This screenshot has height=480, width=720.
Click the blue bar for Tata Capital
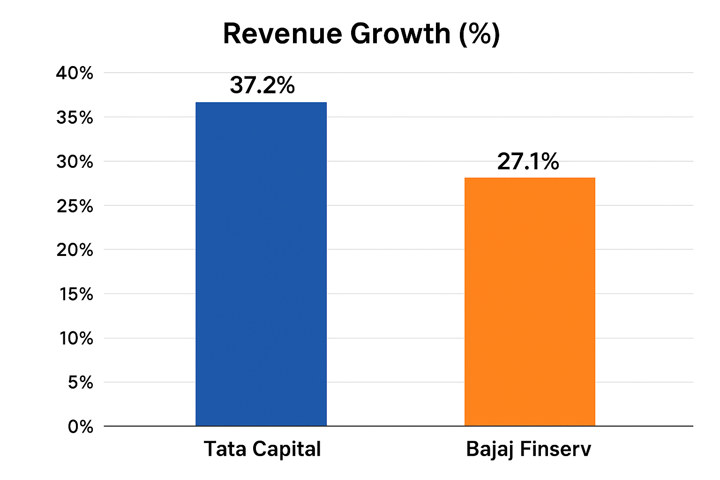coord(261,264)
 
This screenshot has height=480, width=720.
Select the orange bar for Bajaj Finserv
coord(530,301)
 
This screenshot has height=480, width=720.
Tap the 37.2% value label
coord(262,85)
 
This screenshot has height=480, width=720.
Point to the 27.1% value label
coord(528,162)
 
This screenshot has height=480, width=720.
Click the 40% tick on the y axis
coord(75,73)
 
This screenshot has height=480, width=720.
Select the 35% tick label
coord(75,118)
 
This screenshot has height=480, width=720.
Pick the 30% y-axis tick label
coord(75,162)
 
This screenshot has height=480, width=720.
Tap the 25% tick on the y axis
coord(75,206)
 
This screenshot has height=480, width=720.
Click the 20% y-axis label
coord(75,250)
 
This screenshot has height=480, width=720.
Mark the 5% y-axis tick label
coord(80,382)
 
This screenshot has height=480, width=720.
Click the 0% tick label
coord(80,427)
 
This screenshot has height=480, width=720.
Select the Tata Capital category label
coord(262,449)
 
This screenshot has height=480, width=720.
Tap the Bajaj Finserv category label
coord(528,449)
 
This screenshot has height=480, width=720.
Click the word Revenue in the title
coord(282,34)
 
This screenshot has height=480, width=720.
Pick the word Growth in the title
coord(400,34)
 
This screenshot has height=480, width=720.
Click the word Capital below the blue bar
coord(286,449)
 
